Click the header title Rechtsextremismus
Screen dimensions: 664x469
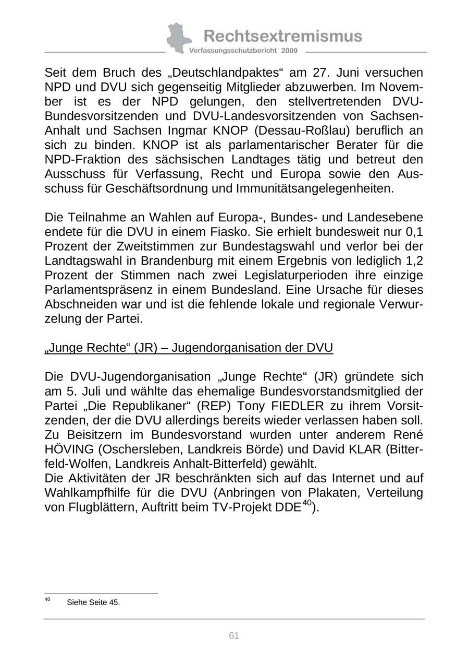pos(282,36)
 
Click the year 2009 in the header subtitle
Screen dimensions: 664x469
pos(289,51)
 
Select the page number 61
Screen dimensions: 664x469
pos(234,635)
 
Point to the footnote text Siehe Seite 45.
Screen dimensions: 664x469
pos(93,602)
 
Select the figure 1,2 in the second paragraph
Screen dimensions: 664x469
pos(413,260)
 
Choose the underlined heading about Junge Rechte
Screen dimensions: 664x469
pos(189,348)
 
